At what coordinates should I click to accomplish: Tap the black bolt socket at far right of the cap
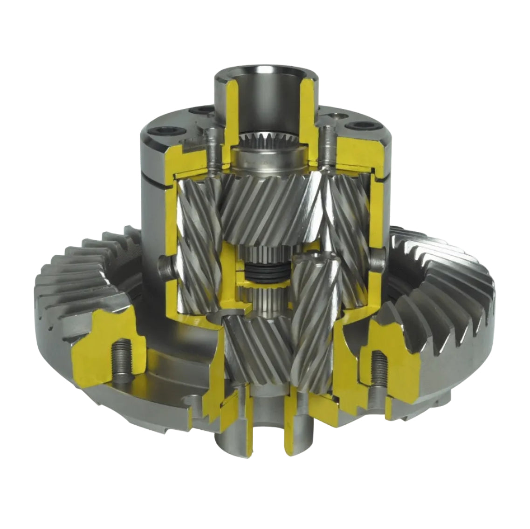[x=359, y=125]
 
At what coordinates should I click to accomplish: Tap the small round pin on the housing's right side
[x=380, y=255]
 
